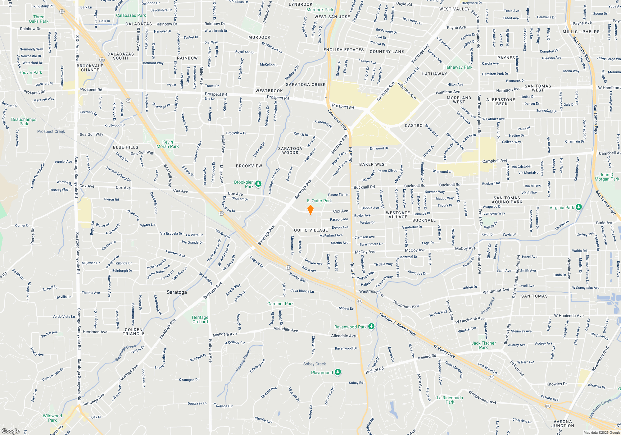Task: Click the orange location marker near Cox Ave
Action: tap(310, 210)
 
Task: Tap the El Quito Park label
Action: tap(319, 201)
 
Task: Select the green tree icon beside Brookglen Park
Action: tap(258, 184)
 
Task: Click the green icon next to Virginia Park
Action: tap(578, 207)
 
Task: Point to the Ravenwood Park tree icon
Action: tap(371, 326)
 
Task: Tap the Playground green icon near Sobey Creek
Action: tap(338, 372)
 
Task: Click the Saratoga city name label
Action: tap(177, 292)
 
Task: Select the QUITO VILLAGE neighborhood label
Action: tap(311, 230)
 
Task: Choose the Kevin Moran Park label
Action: tap(168, 144)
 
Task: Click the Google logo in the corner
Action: tap(10, 431)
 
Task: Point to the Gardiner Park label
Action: tap(280, 304)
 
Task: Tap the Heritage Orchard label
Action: tap(200, 319)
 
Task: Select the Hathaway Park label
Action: tap(458, 67)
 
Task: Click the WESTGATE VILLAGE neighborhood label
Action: tap(398, 215)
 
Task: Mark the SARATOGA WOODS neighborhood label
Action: tap(290, 150)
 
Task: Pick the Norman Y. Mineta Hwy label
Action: tap(397, 324)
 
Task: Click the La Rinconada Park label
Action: tap(450, 400)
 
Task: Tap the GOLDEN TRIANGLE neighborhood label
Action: tap(134, 332)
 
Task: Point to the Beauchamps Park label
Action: tap(24, 121)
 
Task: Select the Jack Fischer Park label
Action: tap(483, 345)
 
